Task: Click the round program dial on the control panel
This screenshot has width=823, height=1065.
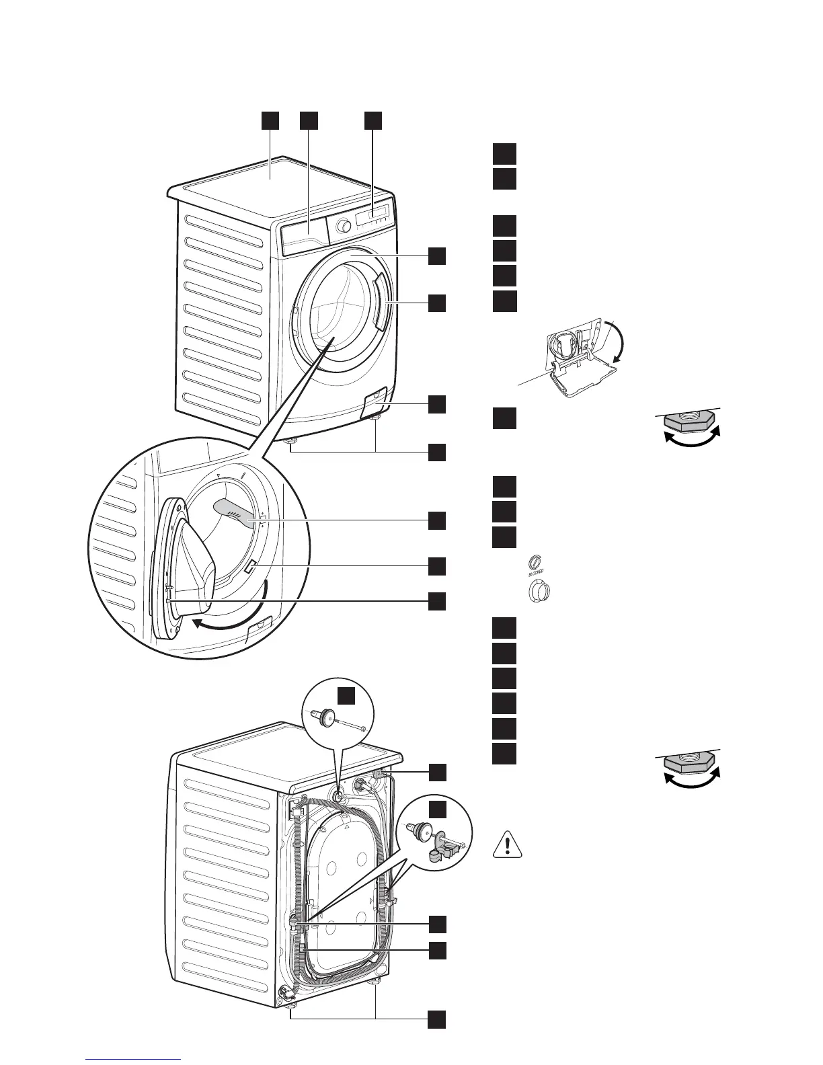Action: (x=344, y=226)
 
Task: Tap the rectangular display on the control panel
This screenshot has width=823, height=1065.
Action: (x=374, y=214)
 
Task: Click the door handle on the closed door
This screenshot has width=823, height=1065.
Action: (x=380, y=303)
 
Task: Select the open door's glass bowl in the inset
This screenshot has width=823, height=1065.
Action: (x=195, y=558)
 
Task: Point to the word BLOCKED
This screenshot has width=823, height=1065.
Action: (x=535, y=573)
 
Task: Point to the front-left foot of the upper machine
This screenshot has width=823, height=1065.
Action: (x=293, y=442)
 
